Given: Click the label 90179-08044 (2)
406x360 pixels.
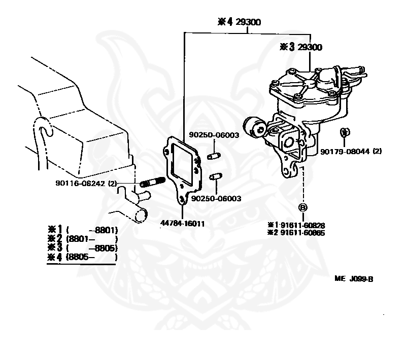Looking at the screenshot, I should coord(351,151).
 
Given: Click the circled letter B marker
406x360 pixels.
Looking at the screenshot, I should coord(303,207).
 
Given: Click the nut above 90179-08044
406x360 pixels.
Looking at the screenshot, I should coord(344,132).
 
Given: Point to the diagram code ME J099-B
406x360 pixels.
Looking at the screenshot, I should coord(354,278).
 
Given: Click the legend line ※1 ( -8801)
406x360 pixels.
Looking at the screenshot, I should coord(83,229).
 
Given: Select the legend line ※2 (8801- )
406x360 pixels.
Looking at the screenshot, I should coord(83,238).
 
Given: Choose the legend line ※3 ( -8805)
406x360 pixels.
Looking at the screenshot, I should coord(83,248).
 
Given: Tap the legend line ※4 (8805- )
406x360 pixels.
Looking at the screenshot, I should coord(83,257).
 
